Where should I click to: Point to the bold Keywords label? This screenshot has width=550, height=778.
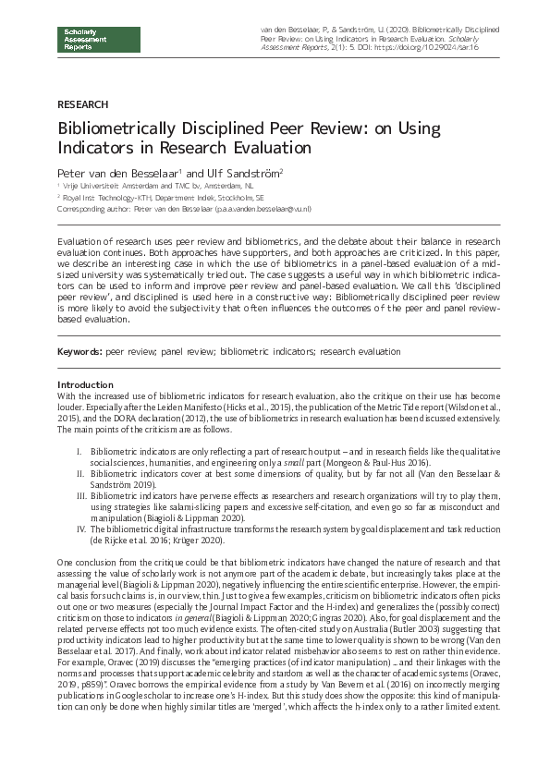pos(79,352)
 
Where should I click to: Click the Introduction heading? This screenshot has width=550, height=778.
pos(85,384)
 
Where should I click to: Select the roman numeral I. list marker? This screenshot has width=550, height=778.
pos(79,450)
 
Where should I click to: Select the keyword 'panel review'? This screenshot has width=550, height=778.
pos(185,352)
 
